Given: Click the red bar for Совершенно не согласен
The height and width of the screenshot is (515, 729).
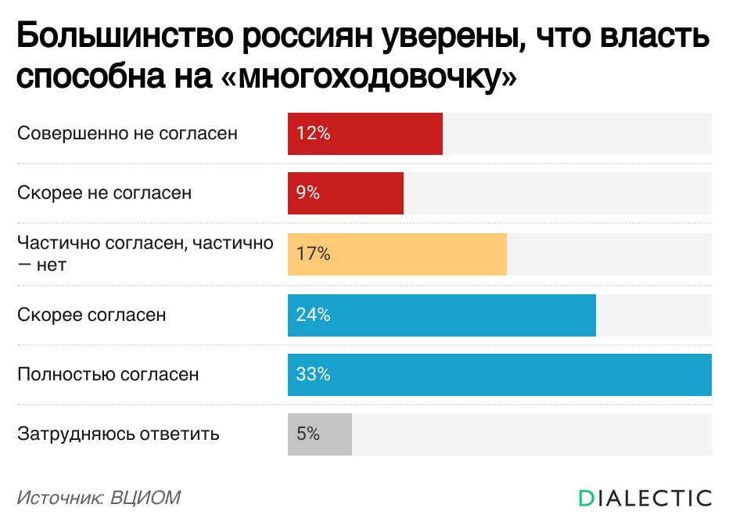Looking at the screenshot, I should pos(365,134).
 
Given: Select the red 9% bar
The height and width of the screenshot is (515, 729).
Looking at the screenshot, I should pos(346,193).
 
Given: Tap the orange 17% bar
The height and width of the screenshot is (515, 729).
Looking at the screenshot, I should pos(397,254).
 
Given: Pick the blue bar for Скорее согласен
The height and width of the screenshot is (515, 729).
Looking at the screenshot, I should pos(442,315).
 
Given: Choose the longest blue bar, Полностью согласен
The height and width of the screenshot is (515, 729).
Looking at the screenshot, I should pos(500,375).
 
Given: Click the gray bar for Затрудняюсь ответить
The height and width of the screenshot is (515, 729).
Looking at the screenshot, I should pos(320,434).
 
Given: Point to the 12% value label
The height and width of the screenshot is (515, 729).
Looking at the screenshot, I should pos(314,134).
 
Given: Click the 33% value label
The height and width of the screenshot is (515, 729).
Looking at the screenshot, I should pos(314,375).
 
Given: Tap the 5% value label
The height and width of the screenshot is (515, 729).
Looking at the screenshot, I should pos(308,434).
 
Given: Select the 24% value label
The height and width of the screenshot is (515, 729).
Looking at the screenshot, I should pos(314,315).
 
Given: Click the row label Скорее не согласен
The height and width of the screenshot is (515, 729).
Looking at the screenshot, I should pos(104,193).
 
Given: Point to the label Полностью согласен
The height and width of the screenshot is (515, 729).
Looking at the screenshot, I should pos(108,375).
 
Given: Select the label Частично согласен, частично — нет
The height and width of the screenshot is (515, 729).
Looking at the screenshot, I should pos(145,253).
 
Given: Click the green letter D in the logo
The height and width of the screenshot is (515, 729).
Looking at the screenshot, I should pos(587,498).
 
